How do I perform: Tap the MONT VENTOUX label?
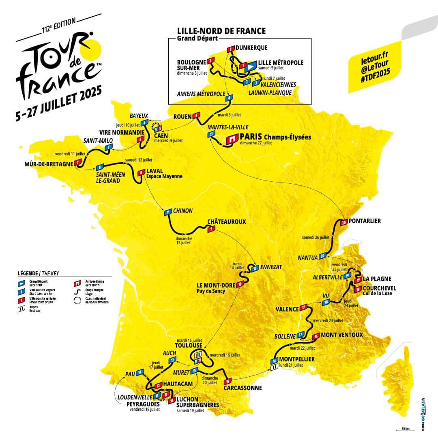(341, 335)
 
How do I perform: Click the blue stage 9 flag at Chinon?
(167, 212)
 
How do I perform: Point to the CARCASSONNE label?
(243, 388)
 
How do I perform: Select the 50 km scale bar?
(404, 431)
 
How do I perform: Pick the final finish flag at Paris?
(232, 138)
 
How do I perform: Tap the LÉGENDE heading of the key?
(28, 273)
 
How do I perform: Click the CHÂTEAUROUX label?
(227, 222)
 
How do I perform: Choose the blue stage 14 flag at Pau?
(140, 372)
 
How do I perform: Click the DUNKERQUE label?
(251, 47)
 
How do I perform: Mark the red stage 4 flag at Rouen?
(197, 115)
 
